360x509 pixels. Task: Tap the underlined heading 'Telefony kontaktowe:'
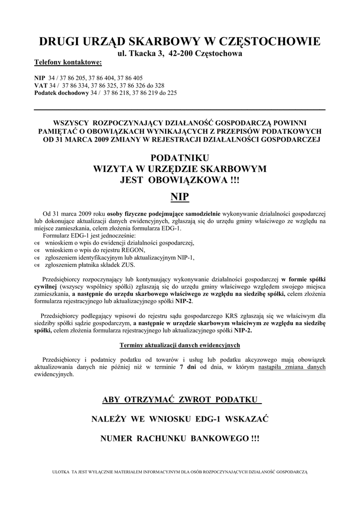coord(68,63)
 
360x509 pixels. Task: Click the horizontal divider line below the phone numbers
coord(180,109)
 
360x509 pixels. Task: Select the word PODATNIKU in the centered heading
coord(180,158)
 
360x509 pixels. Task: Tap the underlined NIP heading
coord(180,197)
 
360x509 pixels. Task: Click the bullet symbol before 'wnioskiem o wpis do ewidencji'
coord(36,243)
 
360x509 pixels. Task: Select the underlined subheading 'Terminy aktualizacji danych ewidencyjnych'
coord(180,345)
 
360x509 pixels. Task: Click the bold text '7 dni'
coord(188,367)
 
